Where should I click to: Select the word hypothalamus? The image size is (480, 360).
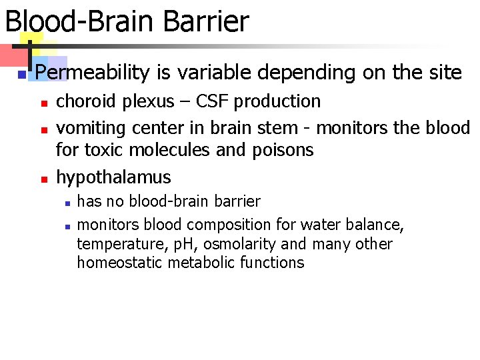pyautogui.click(x=113, y=177)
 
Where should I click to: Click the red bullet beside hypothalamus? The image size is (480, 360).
pyautogui.click(x=42, y=179)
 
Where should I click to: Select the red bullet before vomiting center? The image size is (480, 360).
pyautogui.click(x=42, y=127)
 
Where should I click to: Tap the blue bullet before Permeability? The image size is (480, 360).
pyautogui.click(x=21, y=74)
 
